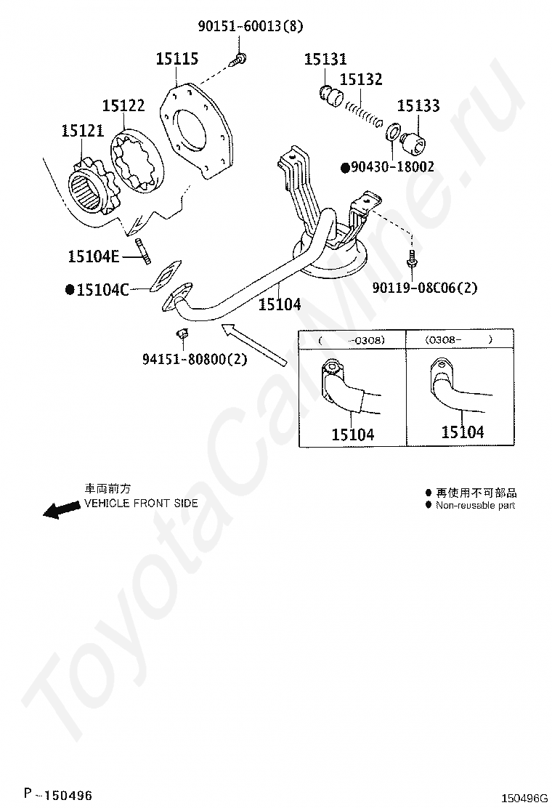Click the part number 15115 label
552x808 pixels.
[x=176, y=59]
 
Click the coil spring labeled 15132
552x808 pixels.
[x=364, y=114]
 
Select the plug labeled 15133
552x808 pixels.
[x=413, y=143]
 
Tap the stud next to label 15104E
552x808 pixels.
[x=142, y=251]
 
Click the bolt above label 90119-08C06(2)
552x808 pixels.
[x=411, y=259]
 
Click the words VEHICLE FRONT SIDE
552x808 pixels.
[x=141, y=503]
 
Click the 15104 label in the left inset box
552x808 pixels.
[x=353, y=435]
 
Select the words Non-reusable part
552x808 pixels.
[x=475, y=506]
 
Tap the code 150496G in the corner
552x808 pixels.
[x=524, y=799]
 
